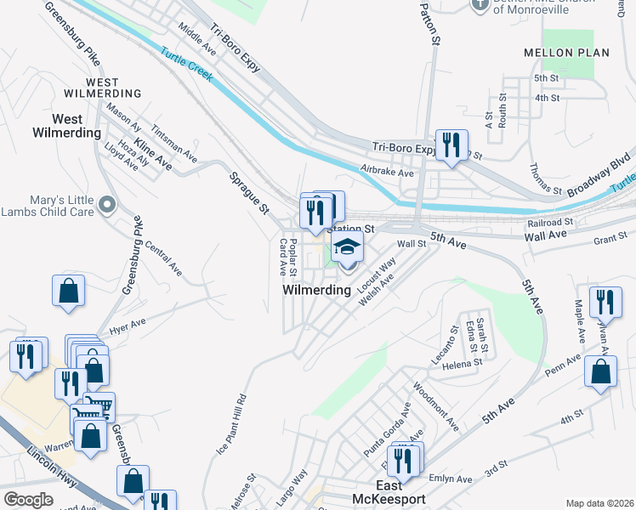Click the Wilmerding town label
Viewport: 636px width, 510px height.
[316, 290]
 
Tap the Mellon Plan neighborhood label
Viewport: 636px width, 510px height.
[577, 53]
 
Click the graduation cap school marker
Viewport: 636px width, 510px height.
[347, 248]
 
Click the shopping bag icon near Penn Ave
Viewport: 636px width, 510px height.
[601, 371]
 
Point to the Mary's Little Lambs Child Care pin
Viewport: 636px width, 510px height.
[107, 204]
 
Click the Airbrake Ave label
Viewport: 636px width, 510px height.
[387, 172]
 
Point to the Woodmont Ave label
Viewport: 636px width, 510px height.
[435, 407]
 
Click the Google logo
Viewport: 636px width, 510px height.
[29, 500]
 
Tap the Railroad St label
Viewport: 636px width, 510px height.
[550, 223]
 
